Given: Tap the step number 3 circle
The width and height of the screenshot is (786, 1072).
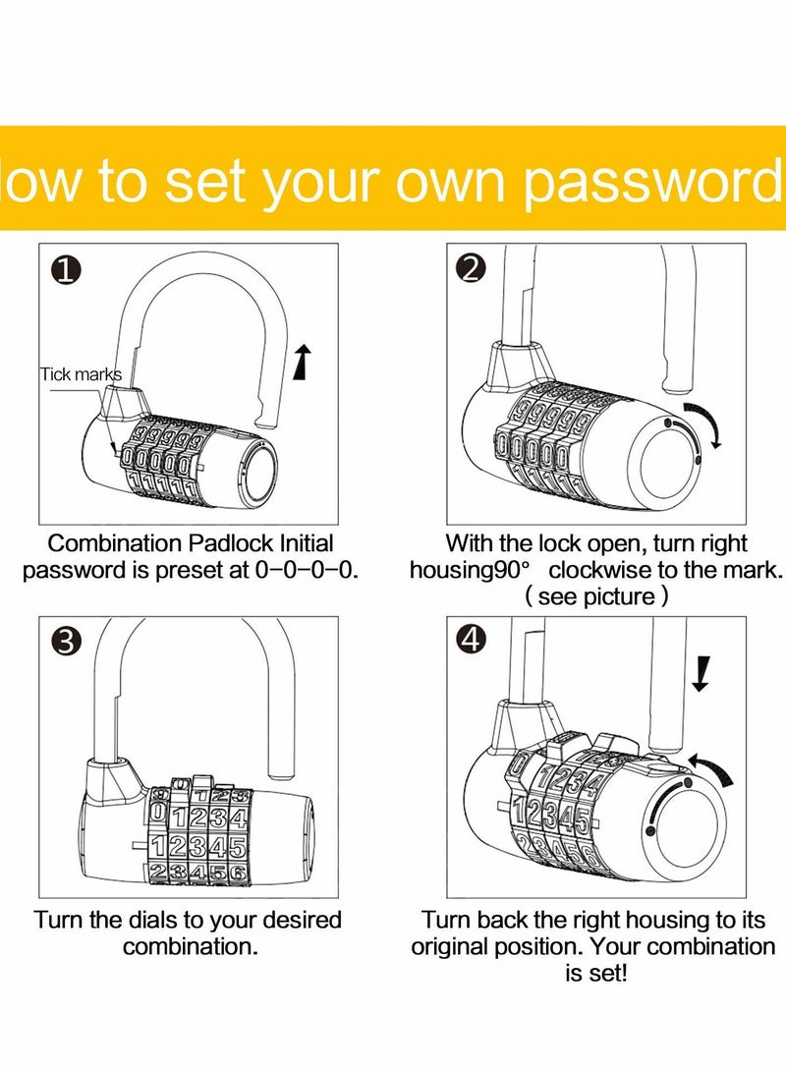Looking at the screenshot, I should (x=66, y=642).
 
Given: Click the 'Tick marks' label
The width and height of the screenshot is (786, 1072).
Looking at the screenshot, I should (x=81, y=374).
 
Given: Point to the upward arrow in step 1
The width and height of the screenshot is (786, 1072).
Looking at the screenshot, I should (x=303, y=361).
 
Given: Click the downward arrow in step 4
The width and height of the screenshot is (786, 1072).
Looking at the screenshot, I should (x=700, y=674).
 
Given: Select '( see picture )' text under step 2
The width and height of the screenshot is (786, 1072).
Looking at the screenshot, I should (x=596, y=596).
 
